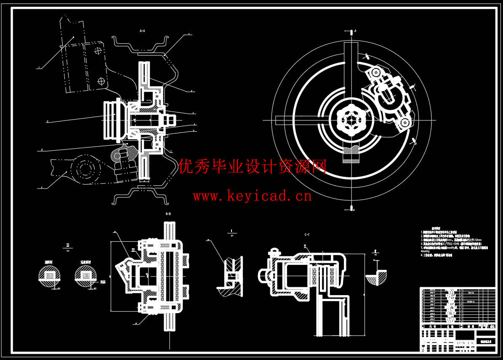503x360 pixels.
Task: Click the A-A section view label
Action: click(142, 31)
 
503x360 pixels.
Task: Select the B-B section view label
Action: click(168, 214)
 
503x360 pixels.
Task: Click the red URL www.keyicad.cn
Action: click(252, 196)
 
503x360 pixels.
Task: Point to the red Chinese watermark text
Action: click(253, 167)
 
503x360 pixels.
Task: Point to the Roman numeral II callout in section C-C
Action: click(306, 246)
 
